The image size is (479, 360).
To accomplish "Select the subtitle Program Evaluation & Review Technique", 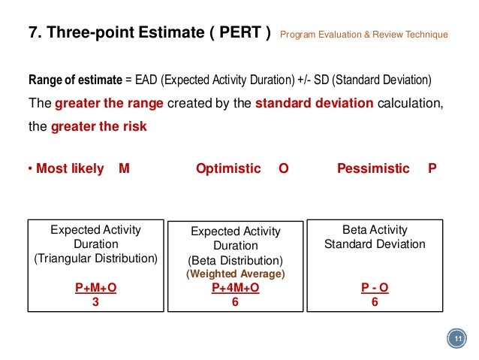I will tap(363, 35).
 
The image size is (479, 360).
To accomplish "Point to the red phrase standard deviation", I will tap(315, 104).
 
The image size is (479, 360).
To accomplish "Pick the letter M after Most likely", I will tap(124, 169).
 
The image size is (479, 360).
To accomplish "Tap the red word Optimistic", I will tap(228, 169).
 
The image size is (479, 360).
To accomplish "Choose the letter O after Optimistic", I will tap(283, 169).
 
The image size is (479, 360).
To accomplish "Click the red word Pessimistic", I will tap(373, 169).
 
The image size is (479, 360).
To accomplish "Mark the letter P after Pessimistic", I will tap(432, 169).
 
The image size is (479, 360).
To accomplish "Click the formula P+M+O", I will tap(95, 289).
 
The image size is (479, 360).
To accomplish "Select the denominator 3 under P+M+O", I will tap(95, 302).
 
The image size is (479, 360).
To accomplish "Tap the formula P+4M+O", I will tap(235, 289).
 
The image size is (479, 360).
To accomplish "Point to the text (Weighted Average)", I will tap(235, 274).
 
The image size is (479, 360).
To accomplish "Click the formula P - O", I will tap(374, 289).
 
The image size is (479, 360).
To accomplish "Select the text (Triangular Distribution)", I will tap(95, 259).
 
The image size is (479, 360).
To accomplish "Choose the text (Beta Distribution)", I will tap(235, 261).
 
